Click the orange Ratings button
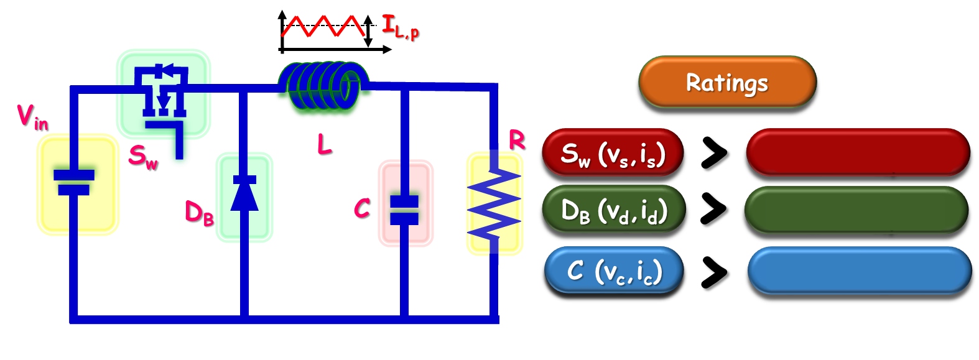[726, 82]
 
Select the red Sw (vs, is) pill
[613, 153]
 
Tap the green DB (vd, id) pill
[613, 210]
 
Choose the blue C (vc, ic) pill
[614, 270]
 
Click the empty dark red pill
[857, 152]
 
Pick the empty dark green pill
[856, 210]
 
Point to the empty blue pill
[859, 270]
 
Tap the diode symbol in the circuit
[244, 195]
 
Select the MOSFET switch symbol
[164, 93]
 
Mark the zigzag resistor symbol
[494, 202]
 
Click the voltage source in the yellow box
[75, 182]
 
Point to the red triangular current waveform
[322, 26]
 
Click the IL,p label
[400, 27]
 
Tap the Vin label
[32, 116]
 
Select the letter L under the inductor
[324, 144]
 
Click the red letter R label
[516, 140]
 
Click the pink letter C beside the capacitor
[361, 208]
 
